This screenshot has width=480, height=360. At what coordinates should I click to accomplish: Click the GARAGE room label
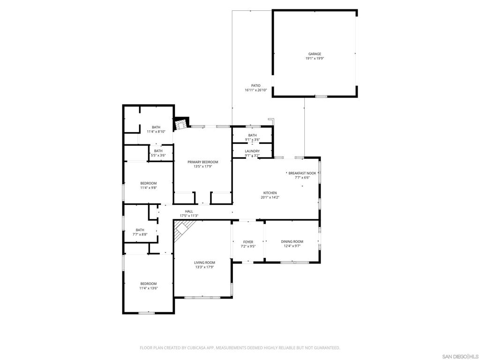click(x=315, y=54)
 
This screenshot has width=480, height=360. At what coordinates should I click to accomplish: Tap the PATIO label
click(x=255, y=86)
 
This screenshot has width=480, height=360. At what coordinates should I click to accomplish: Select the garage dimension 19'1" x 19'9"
click(x=315, y=59)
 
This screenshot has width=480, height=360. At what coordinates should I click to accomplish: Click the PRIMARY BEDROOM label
click(x=203, y=162)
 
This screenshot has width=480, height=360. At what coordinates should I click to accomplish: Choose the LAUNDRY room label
click(x=252, y=151)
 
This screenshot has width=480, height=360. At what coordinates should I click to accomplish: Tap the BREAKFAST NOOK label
click(x=302, y=173)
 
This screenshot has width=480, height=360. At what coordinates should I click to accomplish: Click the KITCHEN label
click(x=270, y=193)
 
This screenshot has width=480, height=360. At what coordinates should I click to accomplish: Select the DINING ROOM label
click(x=292, y=241)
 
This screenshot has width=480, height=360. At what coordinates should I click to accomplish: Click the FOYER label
click(x=248, y=242)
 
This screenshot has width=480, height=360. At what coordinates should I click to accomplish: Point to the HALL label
click(x=189, y=211)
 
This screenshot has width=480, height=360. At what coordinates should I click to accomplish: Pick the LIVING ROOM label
click(x=204, y=262)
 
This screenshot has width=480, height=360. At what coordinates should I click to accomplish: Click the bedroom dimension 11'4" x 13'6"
click(x=148, y=288)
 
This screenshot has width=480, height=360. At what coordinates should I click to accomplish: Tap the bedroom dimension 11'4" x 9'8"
click(x=148, y=187)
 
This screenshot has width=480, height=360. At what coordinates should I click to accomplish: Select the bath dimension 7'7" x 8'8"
click(x=140, y=234)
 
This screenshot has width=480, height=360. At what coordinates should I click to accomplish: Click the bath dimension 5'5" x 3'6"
click(x=158, y=155)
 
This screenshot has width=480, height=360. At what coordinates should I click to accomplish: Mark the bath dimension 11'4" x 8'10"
click(x=156, y=132)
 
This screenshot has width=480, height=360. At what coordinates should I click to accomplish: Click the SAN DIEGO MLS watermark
click(x=460, y=356)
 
